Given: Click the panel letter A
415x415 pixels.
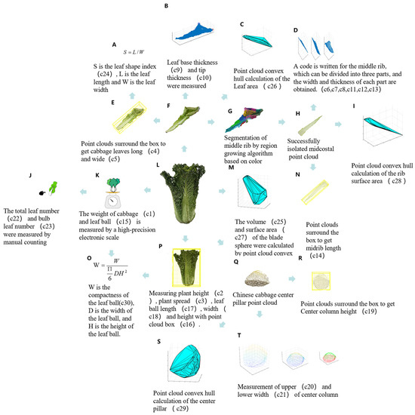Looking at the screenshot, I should [x=114, y=45].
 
